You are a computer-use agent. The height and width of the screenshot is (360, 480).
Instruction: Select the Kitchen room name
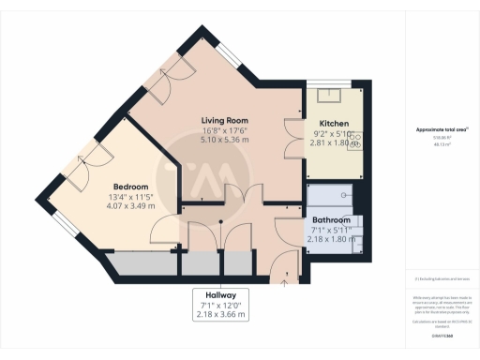[334, 124]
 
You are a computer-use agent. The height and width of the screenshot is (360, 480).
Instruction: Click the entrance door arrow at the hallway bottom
[285, 278]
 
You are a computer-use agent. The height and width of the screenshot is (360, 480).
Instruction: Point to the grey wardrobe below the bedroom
[145, 264]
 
